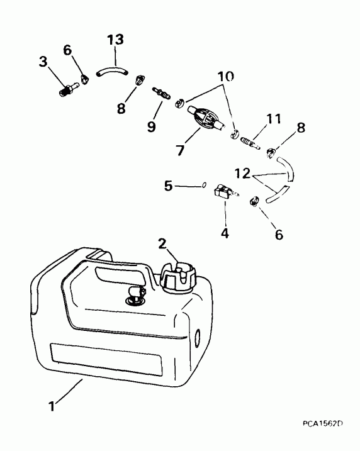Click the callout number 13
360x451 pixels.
115,40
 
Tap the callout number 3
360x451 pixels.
43,62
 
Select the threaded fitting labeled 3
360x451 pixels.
69,89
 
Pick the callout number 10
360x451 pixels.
225,77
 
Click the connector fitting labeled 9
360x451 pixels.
161,94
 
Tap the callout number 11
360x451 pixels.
273,118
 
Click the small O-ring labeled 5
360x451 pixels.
203,185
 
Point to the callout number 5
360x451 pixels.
168,186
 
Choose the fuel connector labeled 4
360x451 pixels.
227,192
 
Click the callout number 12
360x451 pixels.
242,174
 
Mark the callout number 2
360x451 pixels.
162,244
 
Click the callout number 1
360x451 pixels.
52,407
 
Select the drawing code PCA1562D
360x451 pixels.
323,423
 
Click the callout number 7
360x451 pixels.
180,150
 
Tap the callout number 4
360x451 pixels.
225,233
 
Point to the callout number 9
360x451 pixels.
152,126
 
